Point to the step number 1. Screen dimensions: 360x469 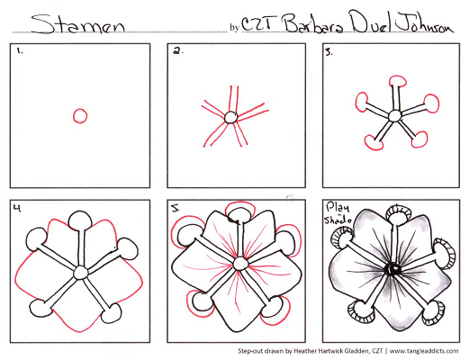[20, 52]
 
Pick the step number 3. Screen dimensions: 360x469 [329, 53]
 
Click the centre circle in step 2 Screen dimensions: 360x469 [230, 117]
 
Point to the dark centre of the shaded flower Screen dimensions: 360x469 [392, 268]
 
